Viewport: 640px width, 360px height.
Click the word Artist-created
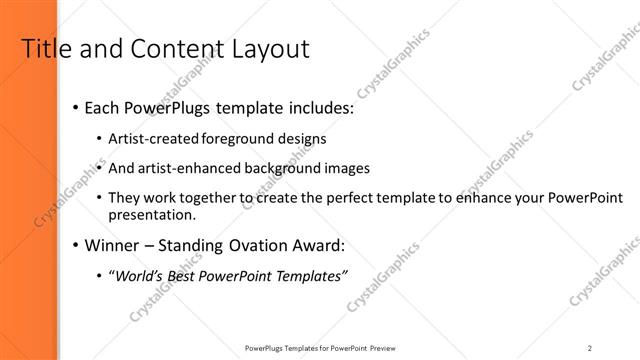pyautogui.click(x=152, y=138)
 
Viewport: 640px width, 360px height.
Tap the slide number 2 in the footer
pyautogui.click(x=590, y=347)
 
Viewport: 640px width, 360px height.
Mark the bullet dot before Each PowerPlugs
pyautogui.click(x=77, y=107)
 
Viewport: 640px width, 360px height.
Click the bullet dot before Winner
pyautogui.click(x=77, y=246)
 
